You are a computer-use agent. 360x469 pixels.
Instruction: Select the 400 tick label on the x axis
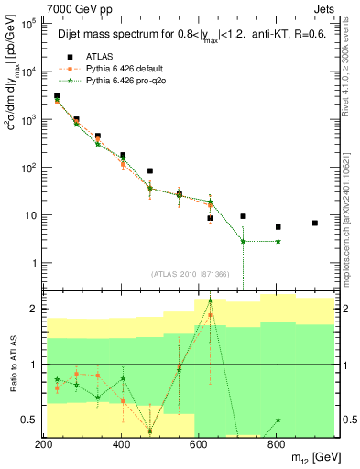pyautogui.click(x=121, y=443)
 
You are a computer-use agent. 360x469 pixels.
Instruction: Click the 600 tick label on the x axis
pyautogui.click(x=199, y=443)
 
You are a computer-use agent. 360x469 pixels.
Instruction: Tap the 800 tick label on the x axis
pyautogui.click(x=277, y=443)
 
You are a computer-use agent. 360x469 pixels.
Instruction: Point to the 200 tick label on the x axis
pyautogui.click(x=43, y=443)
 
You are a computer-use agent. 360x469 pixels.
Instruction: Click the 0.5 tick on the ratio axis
pyautogui.click(x=28, y=420)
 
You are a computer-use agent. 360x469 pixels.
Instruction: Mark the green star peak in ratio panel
pyautogui.click(x=210, y=300)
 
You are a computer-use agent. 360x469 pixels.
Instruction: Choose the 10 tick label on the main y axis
pyautogui.click(x=27, y=215)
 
